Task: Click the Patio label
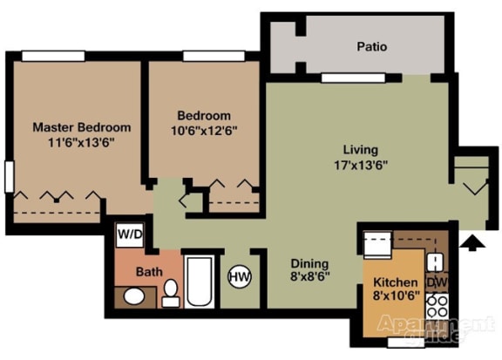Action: tap(371, 47)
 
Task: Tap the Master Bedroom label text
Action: tap(75, 127)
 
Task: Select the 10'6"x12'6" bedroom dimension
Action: tap(203, 130)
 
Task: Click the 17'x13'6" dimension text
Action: tap(360, 164)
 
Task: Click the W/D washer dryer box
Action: tap(130, 234)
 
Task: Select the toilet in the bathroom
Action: tap(171, 293)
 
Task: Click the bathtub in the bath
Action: tap(199, 282)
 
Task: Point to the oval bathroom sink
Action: tap(133, 296)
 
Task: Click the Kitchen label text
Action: tap(395, 283)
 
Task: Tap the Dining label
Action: tap(309, 264)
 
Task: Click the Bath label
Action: tap(148, 272)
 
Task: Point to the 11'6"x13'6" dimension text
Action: tap(75, 142)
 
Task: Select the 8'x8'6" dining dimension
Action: tap(309, 279)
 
